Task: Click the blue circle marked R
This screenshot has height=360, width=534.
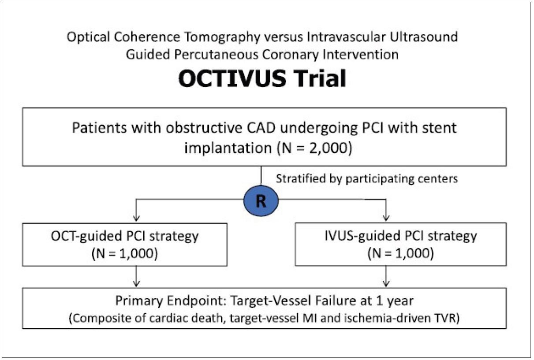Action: point(261,200)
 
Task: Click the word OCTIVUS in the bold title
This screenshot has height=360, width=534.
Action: point(232,78)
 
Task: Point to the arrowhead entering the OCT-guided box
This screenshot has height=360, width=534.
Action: point(136,218)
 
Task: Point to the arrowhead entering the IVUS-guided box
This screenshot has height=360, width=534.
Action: point(386,218)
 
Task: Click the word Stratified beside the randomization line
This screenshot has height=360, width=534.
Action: point(301,178)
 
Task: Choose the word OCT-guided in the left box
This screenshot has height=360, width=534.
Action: point(86,237)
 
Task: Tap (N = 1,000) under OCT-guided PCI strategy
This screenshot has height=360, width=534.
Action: point(125,253)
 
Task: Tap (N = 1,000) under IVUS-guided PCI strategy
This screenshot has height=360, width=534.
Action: point(401,253)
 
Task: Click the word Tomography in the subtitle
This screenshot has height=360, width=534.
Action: point(222,37)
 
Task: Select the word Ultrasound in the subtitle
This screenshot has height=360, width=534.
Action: point(424,37)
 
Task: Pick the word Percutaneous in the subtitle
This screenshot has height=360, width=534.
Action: point(216,55)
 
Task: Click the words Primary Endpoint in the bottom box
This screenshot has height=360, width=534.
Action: point(172,301)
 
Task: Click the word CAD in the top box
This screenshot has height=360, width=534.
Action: point(261,128)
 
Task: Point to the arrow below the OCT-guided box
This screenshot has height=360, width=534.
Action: point(136,276)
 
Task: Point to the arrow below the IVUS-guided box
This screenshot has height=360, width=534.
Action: point(386,276)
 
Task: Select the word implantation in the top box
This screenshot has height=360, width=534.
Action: point(228,148)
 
